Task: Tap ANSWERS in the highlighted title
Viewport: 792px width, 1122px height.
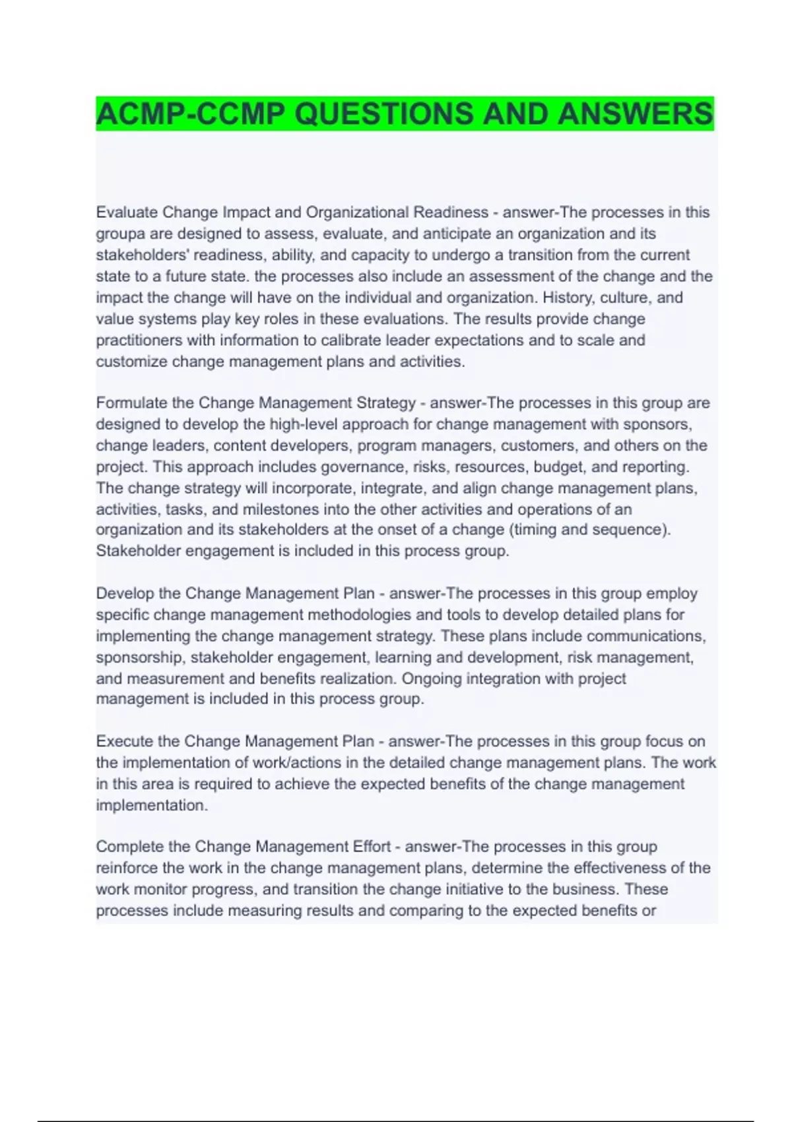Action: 635,114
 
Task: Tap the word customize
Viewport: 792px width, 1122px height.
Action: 131,362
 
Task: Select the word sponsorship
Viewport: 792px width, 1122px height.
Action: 138,657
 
